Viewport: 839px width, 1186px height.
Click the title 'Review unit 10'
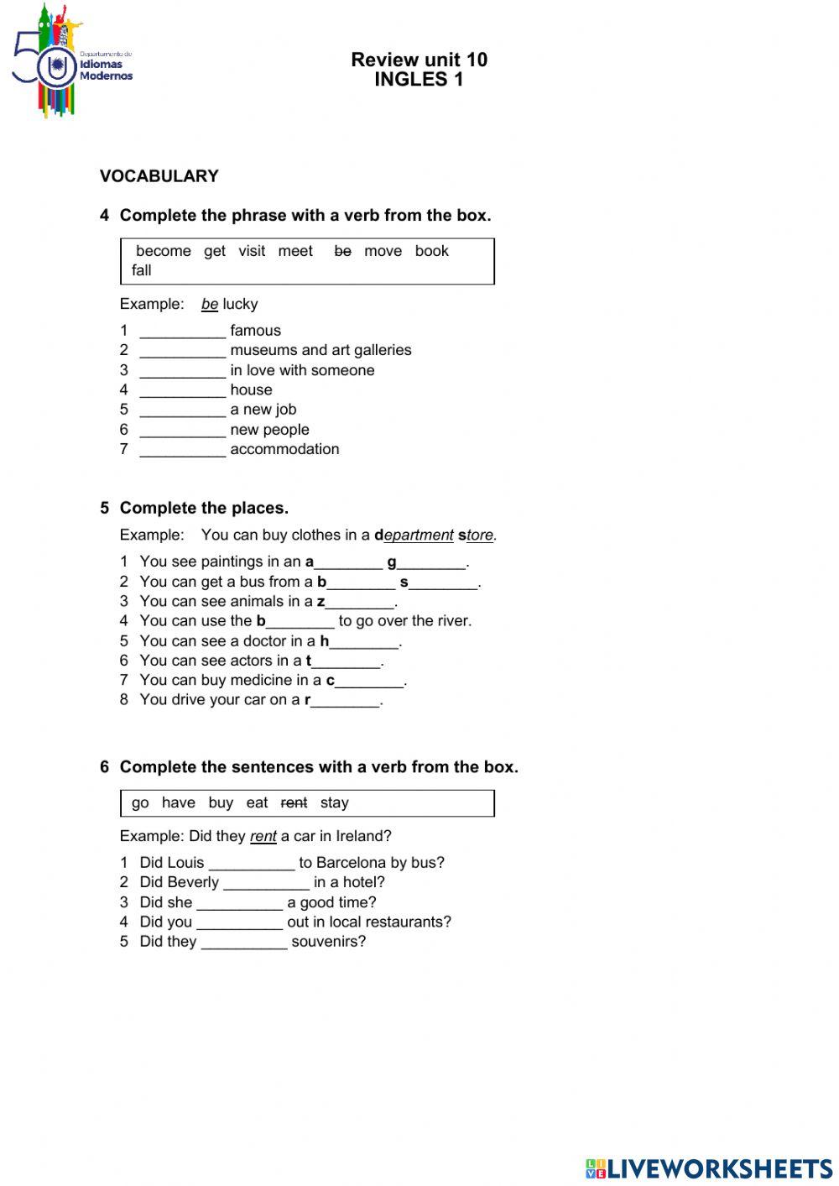419,60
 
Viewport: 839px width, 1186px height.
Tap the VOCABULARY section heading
159,176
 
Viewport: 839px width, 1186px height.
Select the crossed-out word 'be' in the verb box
342,251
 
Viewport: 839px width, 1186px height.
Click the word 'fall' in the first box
141,270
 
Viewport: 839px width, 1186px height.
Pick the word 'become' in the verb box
163,251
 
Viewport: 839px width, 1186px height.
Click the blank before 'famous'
182,332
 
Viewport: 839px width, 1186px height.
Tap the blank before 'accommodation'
182,450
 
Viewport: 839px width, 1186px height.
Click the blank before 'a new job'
182,410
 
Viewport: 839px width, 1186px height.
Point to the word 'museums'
263,350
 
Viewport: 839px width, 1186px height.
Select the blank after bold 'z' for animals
360,603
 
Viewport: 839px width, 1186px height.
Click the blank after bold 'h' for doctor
364,642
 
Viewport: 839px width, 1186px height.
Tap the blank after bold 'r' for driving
346,701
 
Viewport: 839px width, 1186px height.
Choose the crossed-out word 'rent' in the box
294,803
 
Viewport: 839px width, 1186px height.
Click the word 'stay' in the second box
334,803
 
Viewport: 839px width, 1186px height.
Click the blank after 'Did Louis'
251,864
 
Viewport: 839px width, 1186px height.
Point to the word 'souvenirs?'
328,942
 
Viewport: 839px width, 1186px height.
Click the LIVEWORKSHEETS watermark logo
709,1168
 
